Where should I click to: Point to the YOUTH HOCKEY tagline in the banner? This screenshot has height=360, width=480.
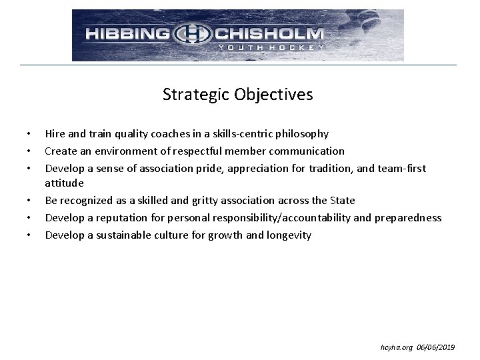point(270,47)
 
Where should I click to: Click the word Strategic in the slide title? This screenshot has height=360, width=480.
point(195,95)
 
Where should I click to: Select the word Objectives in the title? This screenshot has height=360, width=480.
point(273,95)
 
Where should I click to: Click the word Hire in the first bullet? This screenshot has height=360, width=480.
point(55,134)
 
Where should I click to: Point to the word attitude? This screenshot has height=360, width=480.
point(64,183)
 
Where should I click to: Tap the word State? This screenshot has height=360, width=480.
point(342,200)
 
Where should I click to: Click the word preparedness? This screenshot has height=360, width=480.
point(409,217)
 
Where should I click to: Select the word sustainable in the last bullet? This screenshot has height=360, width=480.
point(124,235)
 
